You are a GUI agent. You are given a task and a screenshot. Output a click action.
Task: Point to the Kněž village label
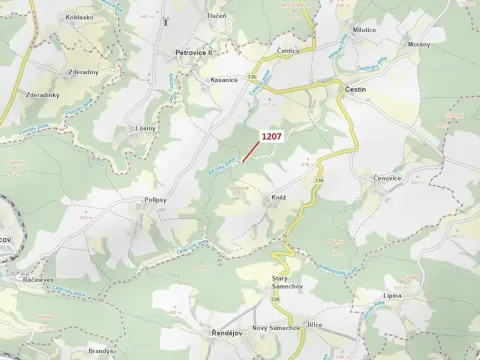pos(279,198)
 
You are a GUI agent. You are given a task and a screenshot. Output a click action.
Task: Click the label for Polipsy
pos(153,200)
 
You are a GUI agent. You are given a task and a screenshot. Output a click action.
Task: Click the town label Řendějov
pos(214,329)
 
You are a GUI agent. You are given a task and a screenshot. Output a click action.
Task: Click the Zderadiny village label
pos(83,73)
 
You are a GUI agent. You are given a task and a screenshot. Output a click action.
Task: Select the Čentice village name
pos(288,50)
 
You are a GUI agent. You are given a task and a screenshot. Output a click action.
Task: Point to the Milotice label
pos(364,30)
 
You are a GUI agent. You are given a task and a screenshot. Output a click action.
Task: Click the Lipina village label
pos(392,296)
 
